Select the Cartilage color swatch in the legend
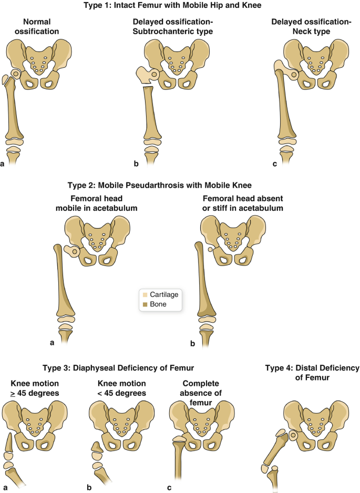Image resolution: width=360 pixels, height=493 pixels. (x=143, y=295)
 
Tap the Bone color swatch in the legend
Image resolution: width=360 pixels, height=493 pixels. (x=143, y=304)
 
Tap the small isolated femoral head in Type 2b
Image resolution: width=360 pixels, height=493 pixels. (x=210, y=250)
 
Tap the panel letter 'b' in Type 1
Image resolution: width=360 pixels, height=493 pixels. (x=136, y=164)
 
